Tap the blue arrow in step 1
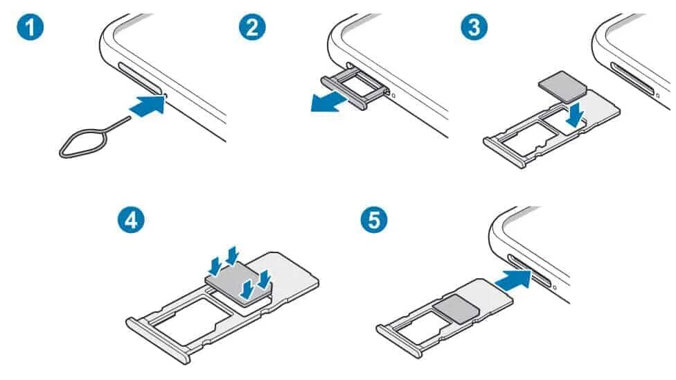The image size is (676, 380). click(147, 107)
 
